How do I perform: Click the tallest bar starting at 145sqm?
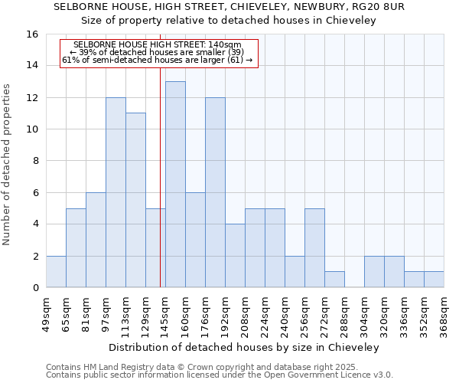pyautogui.click(x=175, y=185)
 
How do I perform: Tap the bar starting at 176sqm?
pyautogui.click(x=215, y=192)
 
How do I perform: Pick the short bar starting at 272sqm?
pyautogui.click(x=334, y=280)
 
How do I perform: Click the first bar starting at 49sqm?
pyautogui.click(x=56, y=272)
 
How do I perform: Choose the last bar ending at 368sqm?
pyautogui.click(x=434, y=280)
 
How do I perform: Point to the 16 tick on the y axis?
pyautogui.click(x=32, y=34)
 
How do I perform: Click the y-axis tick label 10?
pyautogui.click(x=32, y=129)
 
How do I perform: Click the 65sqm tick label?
pyautogui.click(x=66, y=313)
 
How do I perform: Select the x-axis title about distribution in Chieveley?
pyautogui.click(x=244, y=347)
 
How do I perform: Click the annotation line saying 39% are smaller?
pyautogui.click(x=158, y=52)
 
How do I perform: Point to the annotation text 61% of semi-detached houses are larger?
pyautogui.click(x=158, y=60)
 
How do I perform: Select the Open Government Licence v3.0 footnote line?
pyautogui.click(x=220, y=375)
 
